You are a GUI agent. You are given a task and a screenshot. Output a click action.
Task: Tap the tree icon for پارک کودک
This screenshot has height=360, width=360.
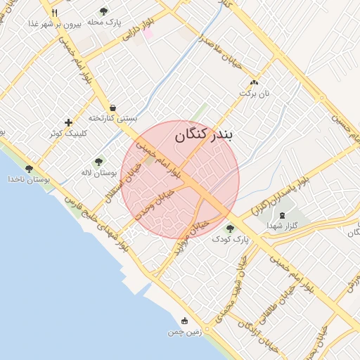(x=230, y=228)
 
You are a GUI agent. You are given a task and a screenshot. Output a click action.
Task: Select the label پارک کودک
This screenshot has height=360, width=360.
(x=231, y=240)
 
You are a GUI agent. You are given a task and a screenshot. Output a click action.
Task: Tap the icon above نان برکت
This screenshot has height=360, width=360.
(x=255, y=82)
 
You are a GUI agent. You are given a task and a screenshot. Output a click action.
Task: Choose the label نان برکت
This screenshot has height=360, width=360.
(x=255, y=93)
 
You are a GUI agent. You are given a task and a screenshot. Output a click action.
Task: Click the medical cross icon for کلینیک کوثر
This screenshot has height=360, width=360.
(x=68, y=122)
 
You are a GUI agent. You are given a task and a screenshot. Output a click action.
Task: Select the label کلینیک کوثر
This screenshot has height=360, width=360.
(x=67, y=133)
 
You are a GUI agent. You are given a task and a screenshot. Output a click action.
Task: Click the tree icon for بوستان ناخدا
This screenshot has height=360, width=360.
(x=29, y=169)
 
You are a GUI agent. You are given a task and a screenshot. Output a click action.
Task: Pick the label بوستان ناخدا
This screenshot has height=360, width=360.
(x=29, y=180)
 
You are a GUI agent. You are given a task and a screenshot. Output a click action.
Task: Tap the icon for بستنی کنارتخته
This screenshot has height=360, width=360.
(x=112, y=108)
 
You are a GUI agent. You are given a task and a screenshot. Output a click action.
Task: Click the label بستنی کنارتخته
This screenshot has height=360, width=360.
(x=112, y=118)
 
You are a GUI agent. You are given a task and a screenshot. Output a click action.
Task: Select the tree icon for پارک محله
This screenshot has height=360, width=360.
(x=104, y=11)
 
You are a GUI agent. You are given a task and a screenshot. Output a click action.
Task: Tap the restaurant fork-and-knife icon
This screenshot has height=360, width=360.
(x=54, y=12)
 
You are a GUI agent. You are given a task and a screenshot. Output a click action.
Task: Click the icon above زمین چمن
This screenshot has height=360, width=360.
(x=185, y=320)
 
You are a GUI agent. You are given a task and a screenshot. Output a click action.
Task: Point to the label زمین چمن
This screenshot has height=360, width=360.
(x=185, y=331)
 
